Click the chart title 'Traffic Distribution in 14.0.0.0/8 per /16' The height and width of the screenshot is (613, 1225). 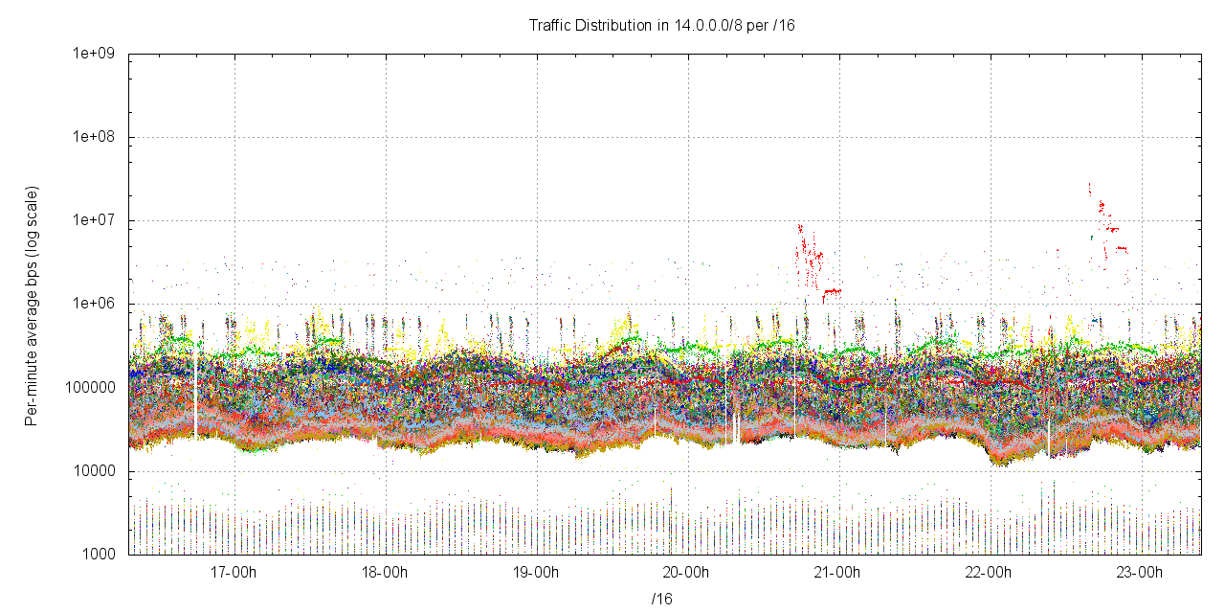(661, 25)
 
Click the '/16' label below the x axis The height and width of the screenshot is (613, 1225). (661, 599)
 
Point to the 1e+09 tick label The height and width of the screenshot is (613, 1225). (93, 54)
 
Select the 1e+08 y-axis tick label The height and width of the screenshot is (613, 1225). (93, 137)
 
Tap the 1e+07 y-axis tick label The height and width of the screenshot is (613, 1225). (93, 220)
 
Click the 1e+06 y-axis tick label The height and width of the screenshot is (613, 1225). (93, 304)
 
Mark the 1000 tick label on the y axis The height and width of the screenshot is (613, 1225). (99, 555)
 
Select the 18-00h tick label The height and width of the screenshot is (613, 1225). (385, 573)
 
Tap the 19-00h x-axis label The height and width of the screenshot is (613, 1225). (536, 573)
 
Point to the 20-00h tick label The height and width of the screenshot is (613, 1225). (687, 573)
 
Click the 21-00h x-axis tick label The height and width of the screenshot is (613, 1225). (838, 573)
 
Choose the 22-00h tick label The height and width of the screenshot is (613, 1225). (990, 573)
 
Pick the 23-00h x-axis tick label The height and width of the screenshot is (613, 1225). (1141, 573)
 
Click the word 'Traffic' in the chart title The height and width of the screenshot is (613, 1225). (550, 25)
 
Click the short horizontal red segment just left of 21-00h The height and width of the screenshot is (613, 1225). (832, 290)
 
